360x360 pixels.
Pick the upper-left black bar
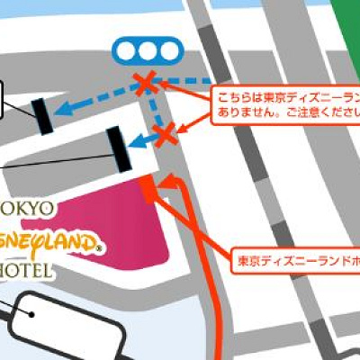click(x=41, y=115)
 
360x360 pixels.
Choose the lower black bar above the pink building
click(x=117, y=148)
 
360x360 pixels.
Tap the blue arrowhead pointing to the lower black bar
click(x=136, y=141)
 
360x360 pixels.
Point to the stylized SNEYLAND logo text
click(x=54, y=241)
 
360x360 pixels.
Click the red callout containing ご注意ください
click(x=283, y=104)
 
